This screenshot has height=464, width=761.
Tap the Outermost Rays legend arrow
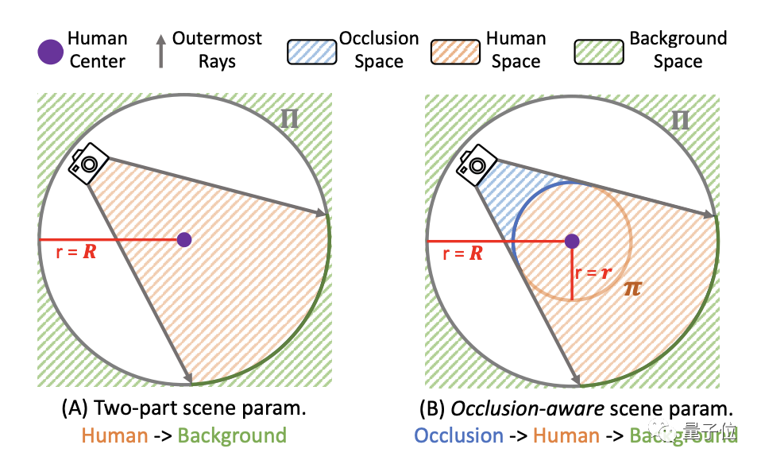click(x=160, y=49)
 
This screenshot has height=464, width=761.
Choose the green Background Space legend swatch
click(x=597, y=51)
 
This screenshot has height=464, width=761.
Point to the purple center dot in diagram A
click(x=184, y=239)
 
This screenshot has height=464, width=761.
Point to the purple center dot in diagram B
click(x=572, y=241)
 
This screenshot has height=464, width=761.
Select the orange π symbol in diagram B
click(x=632, y=288)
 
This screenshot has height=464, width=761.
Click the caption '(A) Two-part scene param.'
click(x=183, y=410)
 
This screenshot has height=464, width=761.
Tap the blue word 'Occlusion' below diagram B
click(x=459, y=435)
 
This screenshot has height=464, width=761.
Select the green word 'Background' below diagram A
click(x=232, y=435)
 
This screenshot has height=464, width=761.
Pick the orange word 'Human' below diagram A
click(x=114, y=435)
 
